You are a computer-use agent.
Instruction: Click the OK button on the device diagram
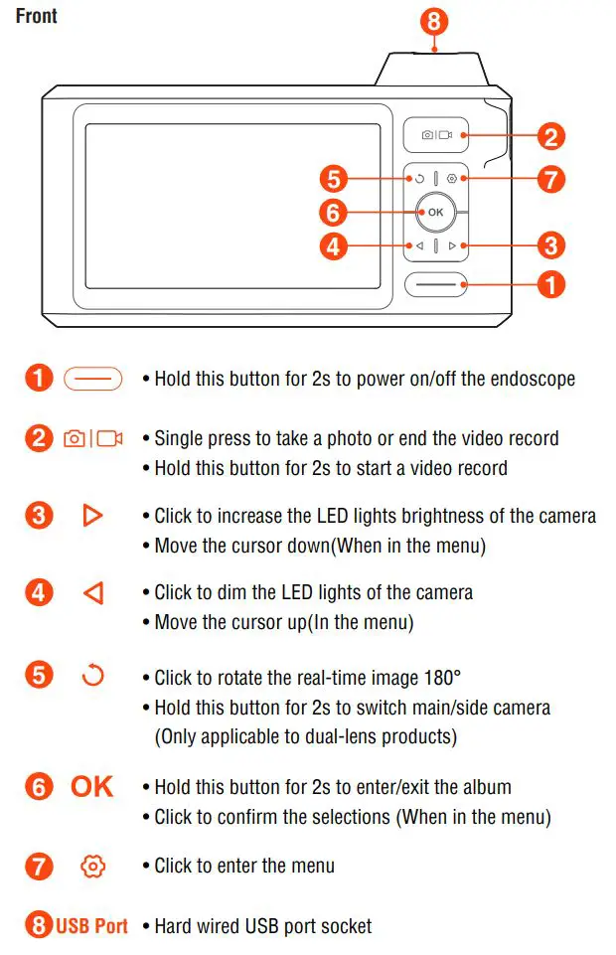435,212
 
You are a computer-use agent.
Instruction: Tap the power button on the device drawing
435,284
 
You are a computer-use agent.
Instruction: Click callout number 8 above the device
434,20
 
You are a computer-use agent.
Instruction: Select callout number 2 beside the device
550,136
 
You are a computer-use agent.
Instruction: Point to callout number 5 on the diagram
334,180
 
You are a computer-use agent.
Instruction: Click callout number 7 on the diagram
550,180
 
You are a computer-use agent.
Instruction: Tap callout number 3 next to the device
550,244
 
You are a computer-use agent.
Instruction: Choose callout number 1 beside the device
550,284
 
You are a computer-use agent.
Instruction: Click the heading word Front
37,16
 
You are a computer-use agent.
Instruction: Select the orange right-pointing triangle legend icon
92,516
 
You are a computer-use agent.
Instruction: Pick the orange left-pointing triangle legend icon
92,593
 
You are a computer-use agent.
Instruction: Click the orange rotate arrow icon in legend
92,677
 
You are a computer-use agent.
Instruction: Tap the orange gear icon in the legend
92,866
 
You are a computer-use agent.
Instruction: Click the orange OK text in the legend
92,787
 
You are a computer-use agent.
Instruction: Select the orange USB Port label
91,926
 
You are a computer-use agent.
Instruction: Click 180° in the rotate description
441,678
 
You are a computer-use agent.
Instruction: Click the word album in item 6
487,787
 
